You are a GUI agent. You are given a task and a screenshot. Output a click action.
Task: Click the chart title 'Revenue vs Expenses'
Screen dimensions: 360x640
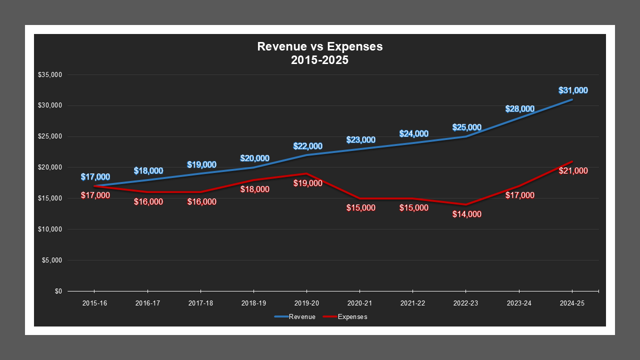pyautogui.click(x=319, y=46)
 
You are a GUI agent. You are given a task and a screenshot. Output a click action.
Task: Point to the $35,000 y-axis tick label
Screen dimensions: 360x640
pyautogui.click(x=49, y=75)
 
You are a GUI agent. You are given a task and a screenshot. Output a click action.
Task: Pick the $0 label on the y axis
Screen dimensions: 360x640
pyautogui.click(x=58, y=291)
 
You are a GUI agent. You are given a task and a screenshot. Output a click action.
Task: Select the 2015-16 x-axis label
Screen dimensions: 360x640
pyautogui.click(x=94, y=303)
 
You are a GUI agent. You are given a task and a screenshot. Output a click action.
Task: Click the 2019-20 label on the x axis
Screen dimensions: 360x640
pyautogui.click(x=306, y=303)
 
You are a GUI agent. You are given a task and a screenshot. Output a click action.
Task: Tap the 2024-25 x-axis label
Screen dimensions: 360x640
pyautogui.click(x=572, y=303)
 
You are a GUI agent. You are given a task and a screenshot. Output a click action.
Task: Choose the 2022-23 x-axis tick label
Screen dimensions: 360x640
pyautogui.click(x=466, y=303)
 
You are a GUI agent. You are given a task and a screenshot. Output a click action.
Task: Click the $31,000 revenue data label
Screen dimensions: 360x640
pyautogui.click(x=573, y=90)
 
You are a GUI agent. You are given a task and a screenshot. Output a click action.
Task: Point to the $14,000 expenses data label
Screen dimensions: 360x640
pyautogui.click(x=467, y=214)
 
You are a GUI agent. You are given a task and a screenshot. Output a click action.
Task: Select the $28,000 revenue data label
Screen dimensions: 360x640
pyautogui.click(x=519, y=108)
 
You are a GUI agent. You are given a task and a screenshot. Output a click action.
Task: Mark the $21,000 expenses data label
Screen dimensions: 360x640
pyautogui.click(x=573, y=170)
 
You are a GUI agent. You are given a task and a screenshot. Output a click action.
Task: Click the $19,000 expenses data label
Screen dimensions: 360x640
pyautogui.click(x=307, y=183)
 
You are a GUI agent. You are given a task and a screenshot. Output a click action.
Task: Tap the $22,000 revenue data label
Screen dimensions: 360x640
pyautogui.click(x=307, y=146)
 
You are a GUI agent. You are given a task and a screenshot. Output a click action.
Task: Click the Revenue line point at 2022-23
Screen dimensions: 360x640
pyautogui.click(x=466, y=136)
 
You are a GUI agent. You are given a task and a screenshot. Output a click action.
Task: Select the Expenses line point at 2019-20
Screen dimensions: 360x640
pyautogui.click(x=306, y=173)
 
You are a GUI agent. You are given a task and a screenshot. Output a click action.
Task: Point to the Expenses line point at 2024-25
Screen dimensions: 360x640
pyautogui.click(x=572, y=161)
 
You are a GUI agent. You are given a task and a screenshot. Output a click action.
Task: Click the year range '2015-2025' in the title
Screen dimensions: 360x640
pyautogui.click(x=319, y=60)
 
